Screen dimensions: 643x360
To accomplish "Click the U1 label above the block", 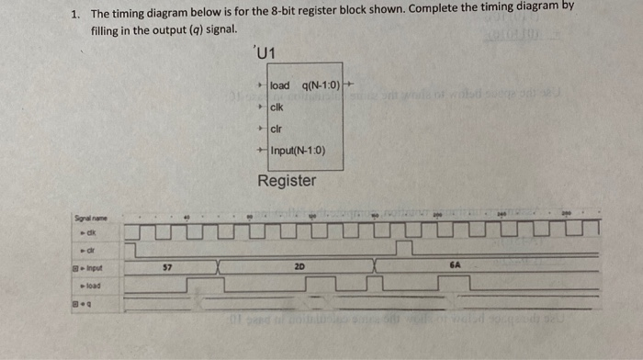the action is [263, 53].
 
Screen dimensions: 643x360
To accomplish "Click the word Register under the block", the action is [287, 181].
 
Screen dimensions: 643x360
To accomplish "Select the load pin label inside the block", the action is [280, 86].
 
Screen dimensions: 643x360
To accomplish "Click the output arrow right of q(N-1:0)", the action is [348, 86].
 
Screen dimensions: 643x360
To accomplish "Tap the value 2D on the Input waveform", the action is [299, 266].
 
